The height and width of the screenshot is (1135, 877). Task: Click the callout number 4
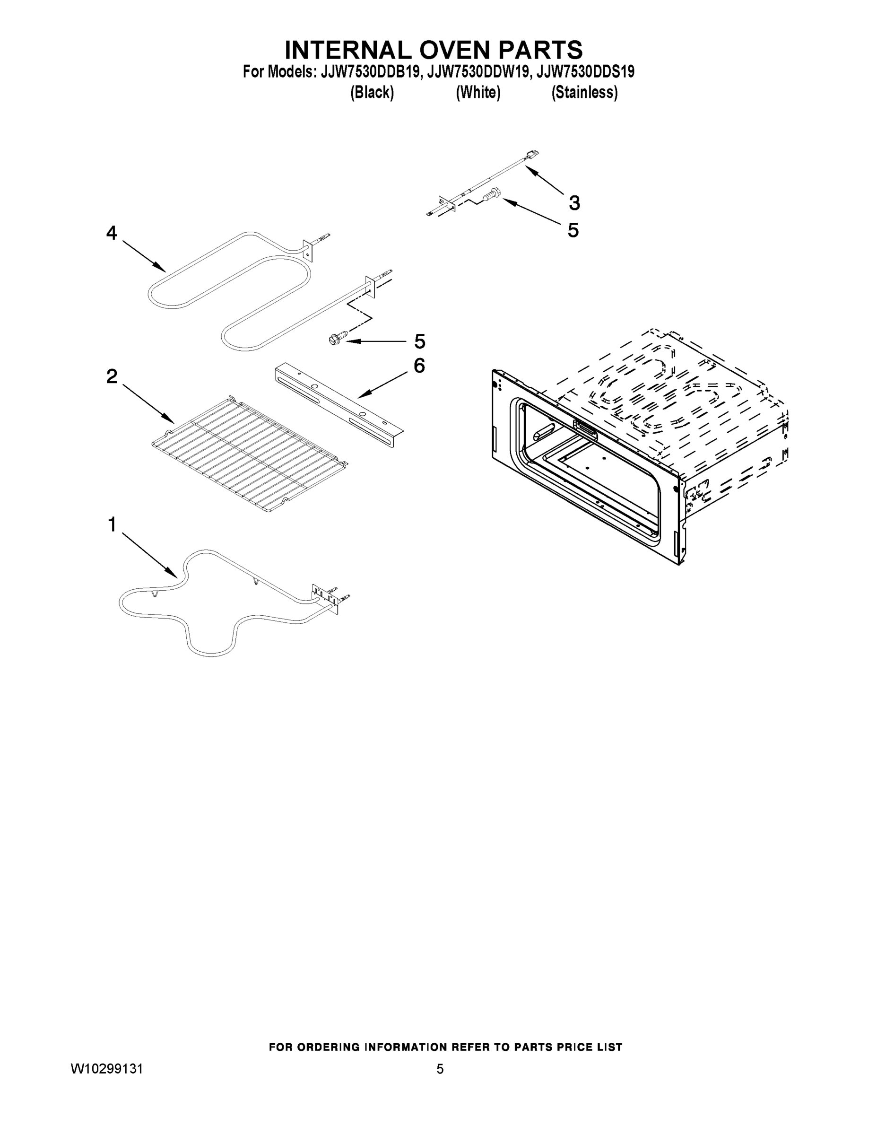(112, 233)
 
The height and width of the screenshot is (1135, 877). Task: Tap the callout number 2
(112, 376)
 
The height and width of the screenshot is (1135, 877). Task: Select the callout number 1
(112, 525)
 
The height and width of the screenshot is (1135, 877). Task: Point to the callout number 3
(573, 203)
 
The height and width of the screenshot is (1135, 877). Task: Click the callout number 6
(419, 366)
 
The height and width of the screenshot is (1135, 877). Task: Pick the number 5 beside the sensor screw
(573, 230)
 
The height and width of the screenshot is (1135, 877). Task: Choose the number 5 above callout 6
(419, 341)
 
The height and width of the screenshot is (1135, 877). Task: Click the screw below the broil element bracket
(334, 340)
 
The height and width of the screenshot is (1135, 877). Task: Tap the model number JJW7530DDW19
(478, 72)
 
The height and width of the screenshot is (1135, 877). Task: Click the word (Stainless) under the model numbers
(584, 93)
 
